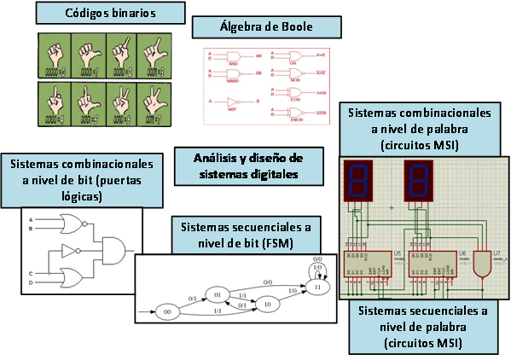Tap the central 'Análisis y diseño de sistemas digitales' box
pyautogui.click(x=249, y=166)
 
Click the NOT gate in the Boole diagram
pyautogui.click(x=229, y=101)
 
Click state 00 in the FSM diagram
pyautogui.click(x=169, y=313)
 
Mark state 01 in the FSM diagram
pyautogui.click(x=217, y=293)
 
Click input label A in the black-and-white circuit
pyautogui.click(x=31, y=219)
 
